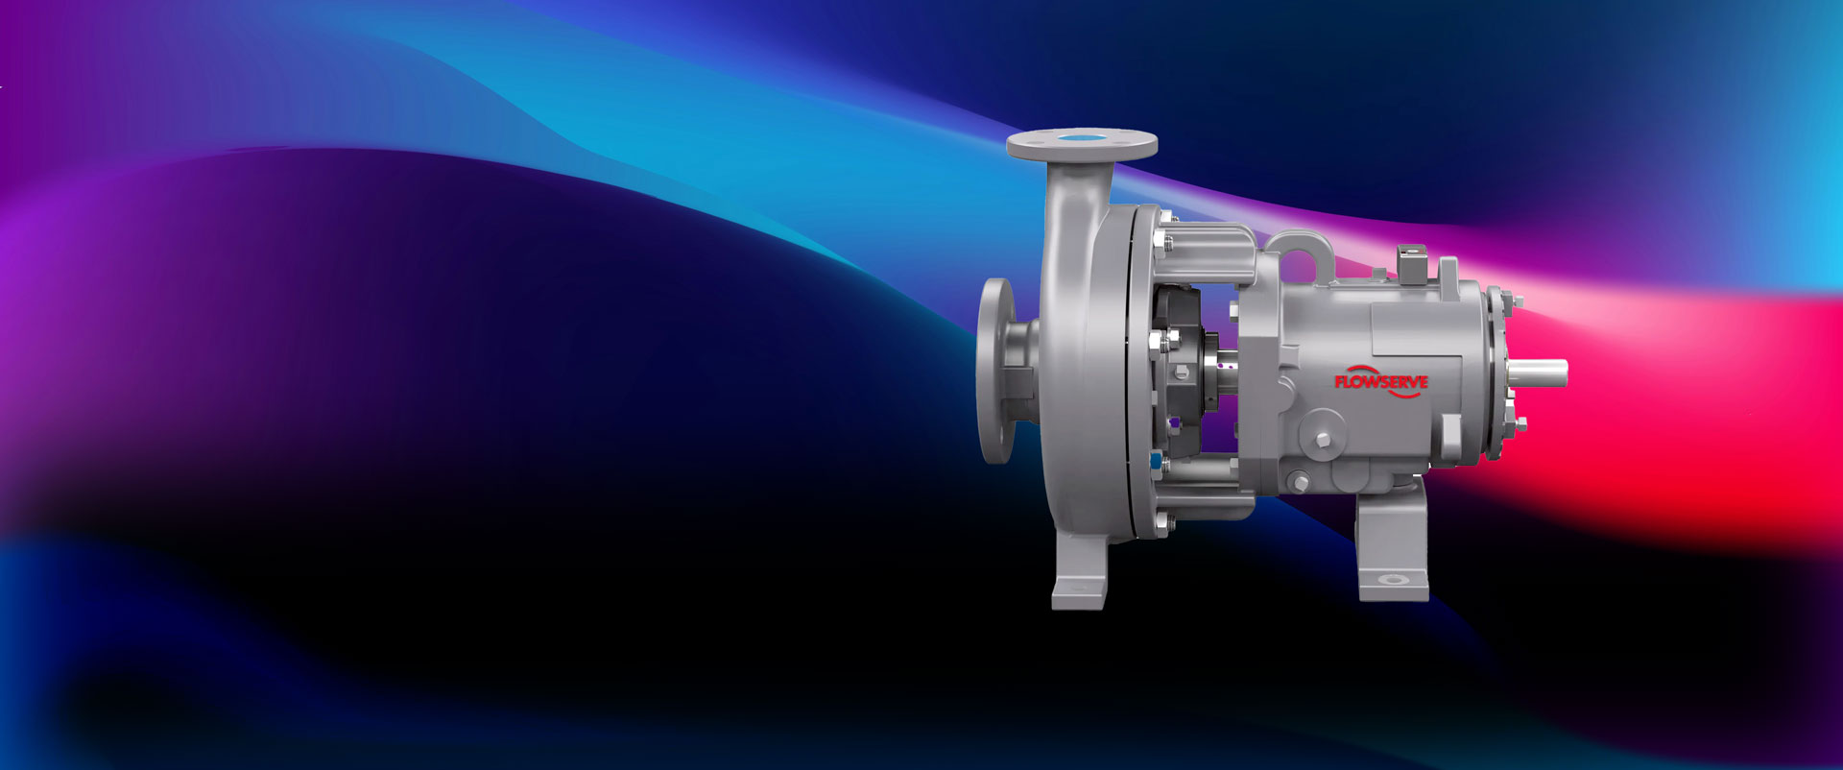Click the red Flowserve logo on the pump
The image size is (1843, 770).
point(1380,381)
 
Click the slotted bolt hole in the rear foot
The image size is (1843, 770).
point(1391,580)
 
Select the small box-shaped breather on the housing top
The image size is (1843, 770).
point(1410,263)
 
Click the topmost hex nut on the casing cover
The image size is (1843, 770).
point(1163,219)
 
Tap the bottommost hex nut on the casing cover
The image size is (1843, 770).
point(1163,523)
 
